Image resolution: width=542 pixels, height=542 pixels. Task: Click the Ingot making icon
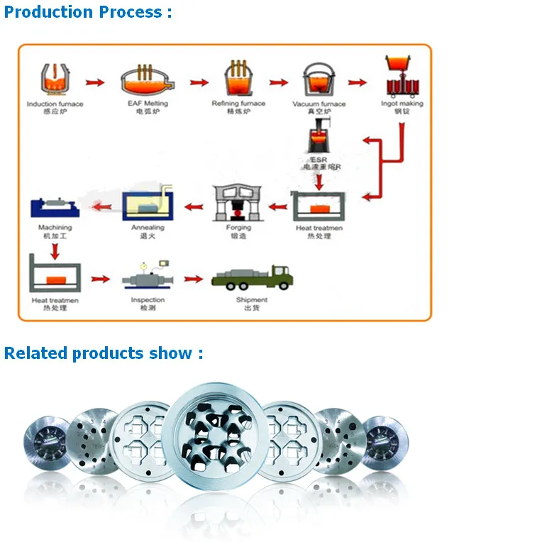coord(402,77)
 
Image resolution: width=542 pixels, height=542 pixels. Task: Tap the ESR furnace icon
coord(319,138)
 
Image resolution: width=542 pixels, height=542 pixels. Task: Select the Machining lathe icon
coord(54,208)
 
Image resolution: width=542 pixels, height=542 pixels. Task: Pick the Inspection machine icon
coord(148,278)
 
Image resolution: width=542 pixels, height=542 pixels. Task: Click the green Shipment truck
coord(253,277)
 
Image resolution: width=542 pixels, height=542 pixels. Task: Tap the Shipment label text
coord(252,300)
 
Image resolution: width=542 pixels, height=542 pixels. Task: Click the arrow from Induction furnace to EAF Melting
coord(95,83)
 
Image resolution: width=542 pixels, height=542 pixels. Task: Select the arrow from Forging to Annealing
coord(194,206)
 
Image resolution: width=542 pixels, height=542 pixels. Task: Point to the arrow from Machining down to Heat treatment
coord(55,250)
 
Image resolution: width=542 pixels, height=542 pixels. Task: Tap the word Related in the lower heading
coord(35,353)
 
